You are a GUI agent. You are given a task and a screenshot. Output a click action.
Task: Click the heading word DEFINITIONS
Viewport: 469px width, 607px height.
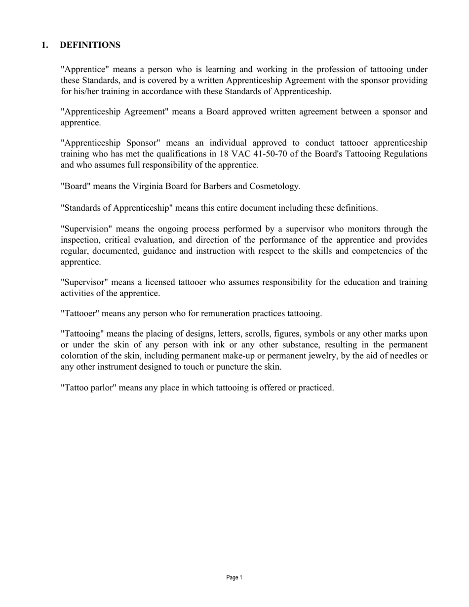(90, 45)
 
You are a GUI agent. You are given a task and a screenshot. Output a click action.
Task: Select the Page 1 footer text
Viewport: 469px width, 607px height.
(234, 577)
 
